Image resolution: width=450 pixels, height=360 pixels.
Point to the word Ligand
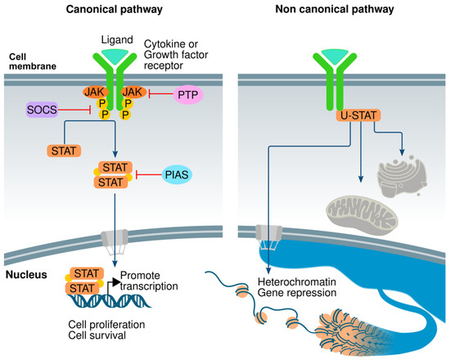111,39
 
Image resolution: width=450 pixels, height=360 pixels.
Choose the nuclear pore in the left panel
112,237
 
